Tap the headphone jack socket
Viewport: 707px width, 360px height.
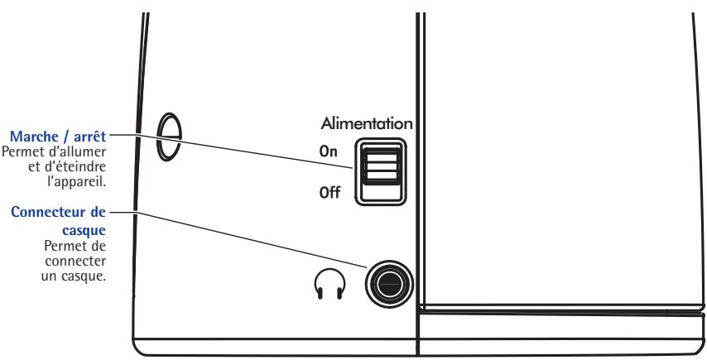pyautogui.click(x=387, y=283)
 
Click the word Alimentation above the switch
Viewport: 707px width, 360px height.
pyautogui.click(x=372, y=123)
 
